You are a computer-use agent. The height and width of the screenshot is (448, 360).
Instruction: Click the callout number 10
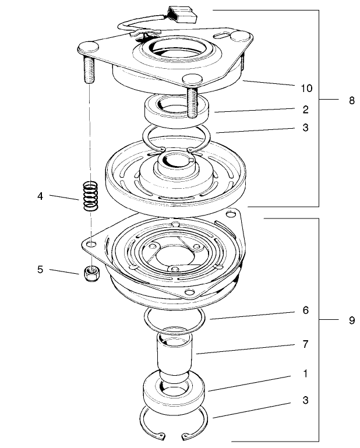[306, 88]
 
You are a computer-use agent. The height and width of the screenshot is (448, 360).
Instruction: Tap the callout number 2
[306, 109]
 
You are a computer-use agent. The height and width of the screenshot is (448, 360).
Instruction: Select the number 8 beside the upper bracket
[352, 100]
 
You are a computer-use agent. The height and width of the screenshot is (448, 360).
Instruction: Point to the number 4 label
[40, 196]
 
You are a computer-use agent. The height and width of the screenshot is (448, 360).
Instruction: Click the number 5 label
[40, 270]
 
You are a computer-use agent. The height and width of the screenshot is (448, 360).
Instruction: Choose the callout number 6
[306, 311]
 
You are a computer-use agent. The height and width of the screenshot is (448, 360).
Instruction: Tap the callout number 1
[306, 372]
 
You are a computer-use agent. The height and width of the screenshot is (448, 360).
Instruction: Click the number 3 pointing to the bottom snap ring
[306, 401]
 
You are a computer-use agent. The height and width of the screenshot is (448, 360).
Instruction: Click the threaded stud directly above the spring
[90, 70]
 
